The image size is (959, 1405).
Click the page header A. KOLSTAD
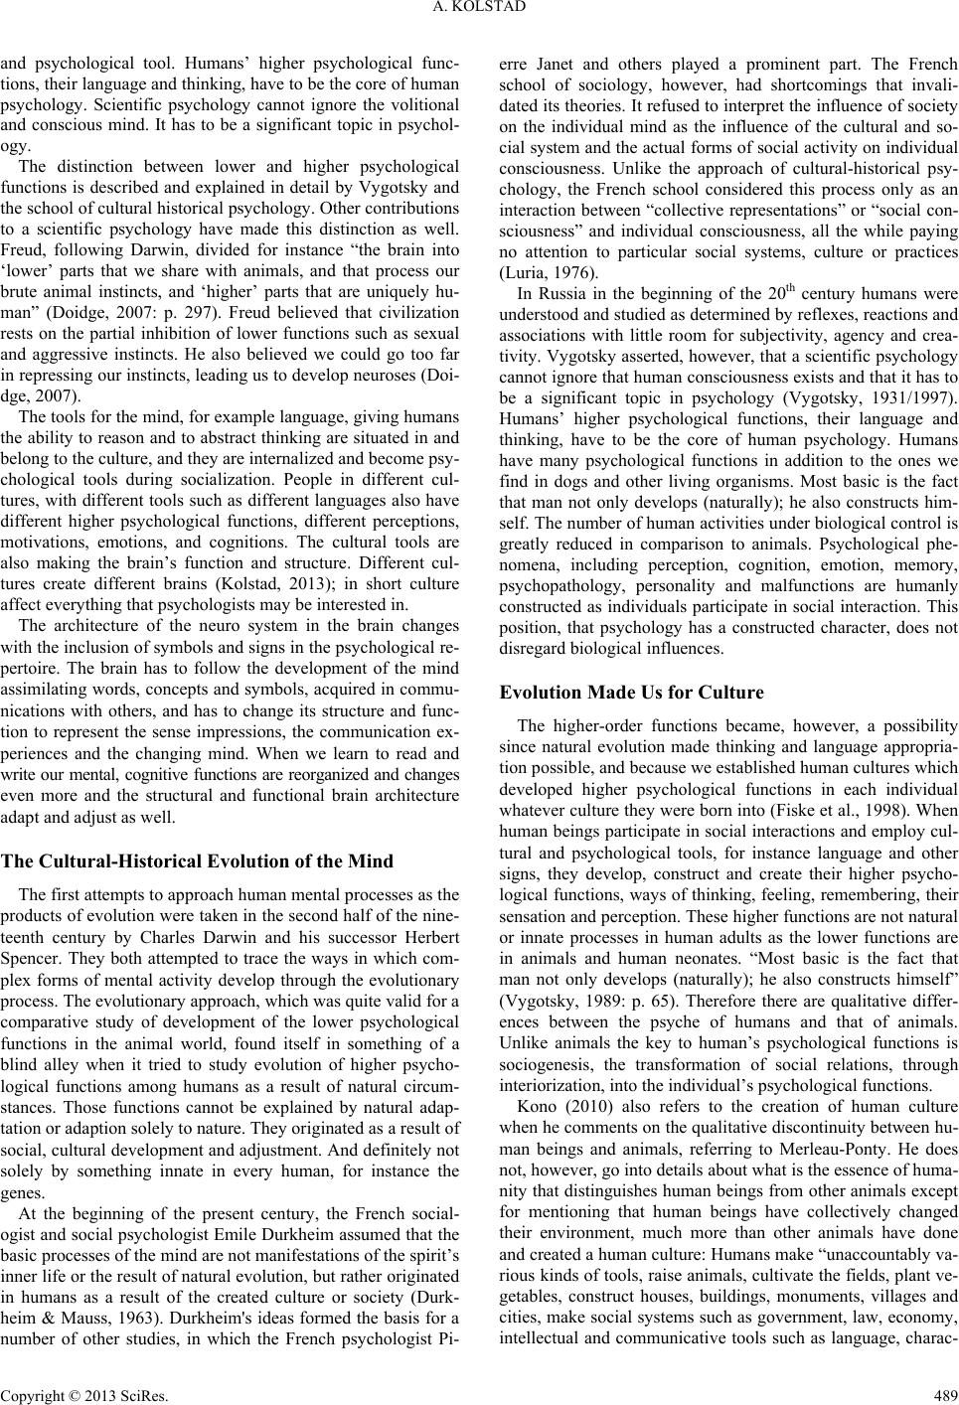coord(479,11)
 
